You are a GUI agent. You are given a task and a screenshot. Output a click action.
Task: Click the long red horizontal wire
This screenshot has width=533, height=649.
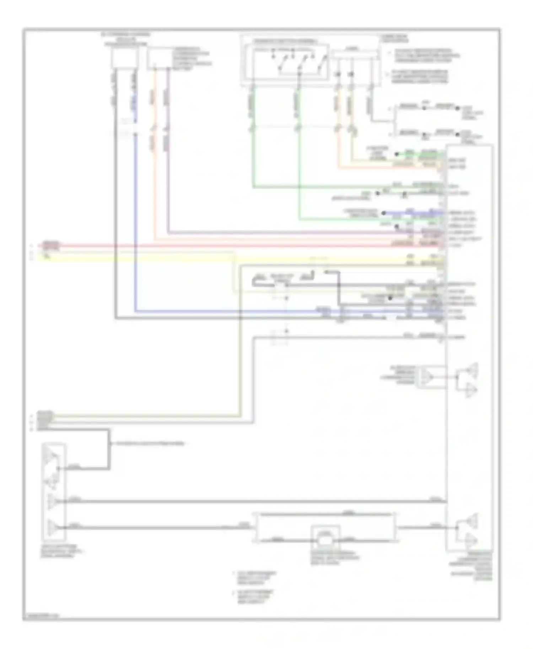coord(249,245)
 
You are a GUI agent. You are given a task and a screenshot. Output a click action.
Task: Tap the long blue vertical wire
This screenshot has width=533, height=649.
coord(135,213)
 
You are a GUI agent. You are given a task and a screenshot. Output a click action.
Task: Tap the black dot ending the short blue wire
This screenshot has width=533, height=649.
coord(384,213)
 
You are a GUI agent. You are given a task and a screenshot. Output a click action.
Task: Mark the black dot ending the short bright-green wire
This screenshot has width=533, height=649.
coord(397,154)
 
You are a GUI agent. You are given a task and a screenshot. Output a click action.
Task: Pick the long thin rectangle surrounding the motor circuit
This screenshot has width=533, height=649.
coord(325,528)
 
